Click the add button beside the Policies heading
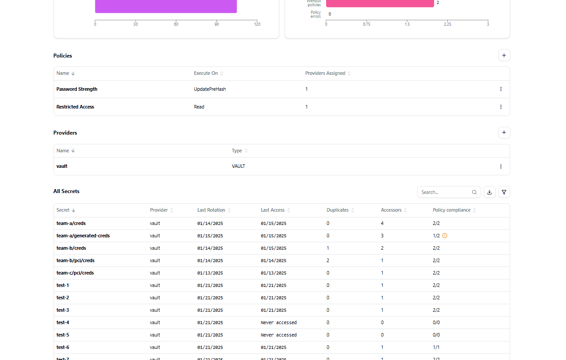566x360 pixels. pos(504,55)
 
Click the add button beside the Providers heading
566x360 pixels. pos(504,133)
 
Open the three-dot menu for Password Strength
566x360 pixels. pos(501,89)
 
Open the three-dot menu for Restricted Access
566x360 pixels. pos(501,107)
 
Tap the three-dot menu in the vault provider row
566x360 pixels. pos(501,166)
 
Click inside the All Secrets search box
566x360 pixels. pos(445,192)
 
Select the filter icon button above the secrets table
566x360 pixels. pos(504,192)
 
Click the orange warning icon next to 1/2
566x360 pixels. pos(445,236)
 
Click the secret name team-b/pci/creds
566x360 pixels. pos(76,260)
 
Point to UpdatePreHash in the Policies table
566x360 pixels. pos(210,89)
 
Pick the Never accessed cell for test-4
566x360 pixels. pos(279,322)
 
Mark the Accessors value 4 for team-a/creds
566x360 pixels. pos(382,223)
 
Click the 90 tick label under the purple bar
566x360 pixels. pos(217,24)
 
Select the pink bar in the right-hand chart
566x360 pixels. pos(380,3)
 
